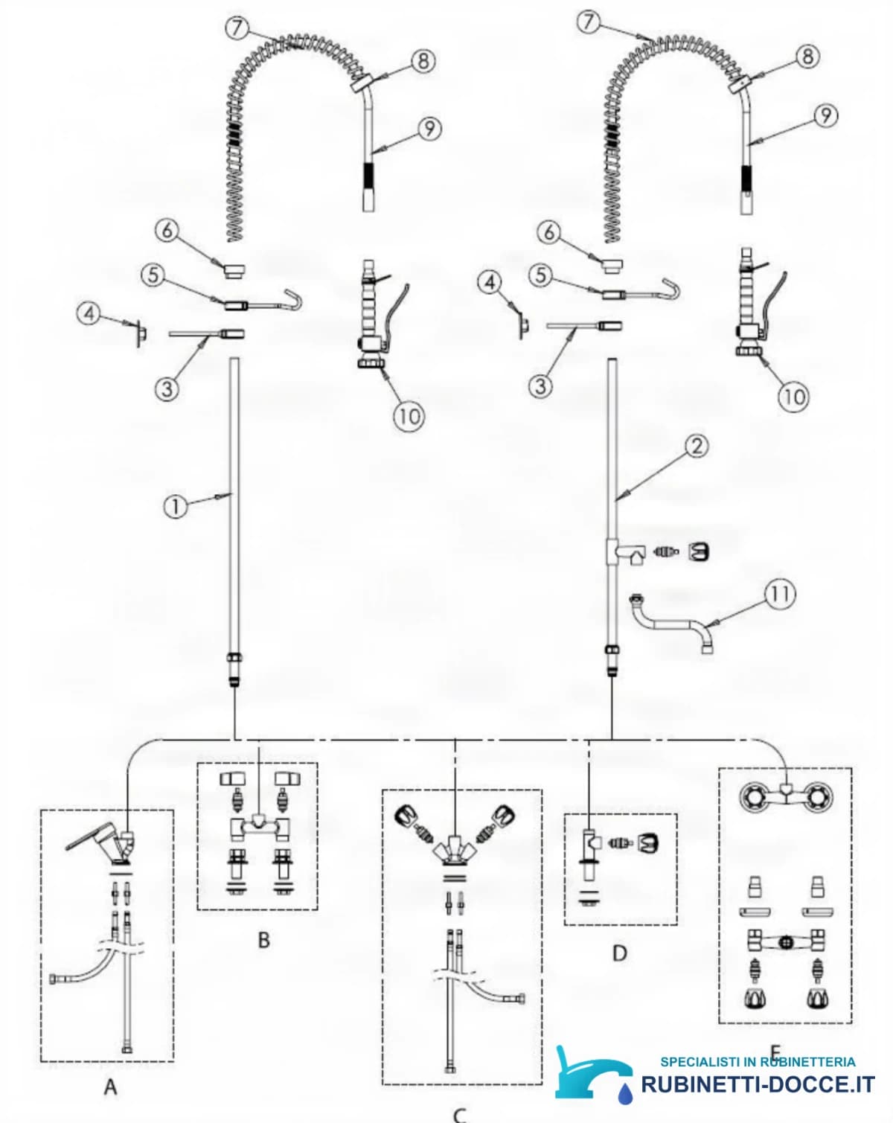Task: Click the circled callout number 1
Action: pyautogui.click(x=176, y=505)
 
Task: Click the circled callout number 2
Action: pyautogui.click(x=697, y=447)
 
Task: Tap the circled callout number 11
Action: pyautogui.click(x=780, y=594)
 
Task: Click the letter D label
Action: pyautogui.click(x=619, y=953)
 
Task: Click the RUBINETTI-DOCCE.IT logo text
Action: pyautogui.click(x=758, y=1084)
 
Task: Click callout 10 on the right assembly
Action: pyautogui.click(x=794, y=397)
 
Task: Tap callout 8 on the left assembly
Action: pyautogui.click(x=423, y=60)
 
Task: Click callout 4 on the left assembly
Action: pyautogui.click(x=89, y=313)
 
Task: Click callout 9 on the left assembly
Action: pyautogui.click(x=429, y=128)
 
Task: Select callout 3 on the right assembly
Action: pyautogui.click(x=540, y=386)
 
